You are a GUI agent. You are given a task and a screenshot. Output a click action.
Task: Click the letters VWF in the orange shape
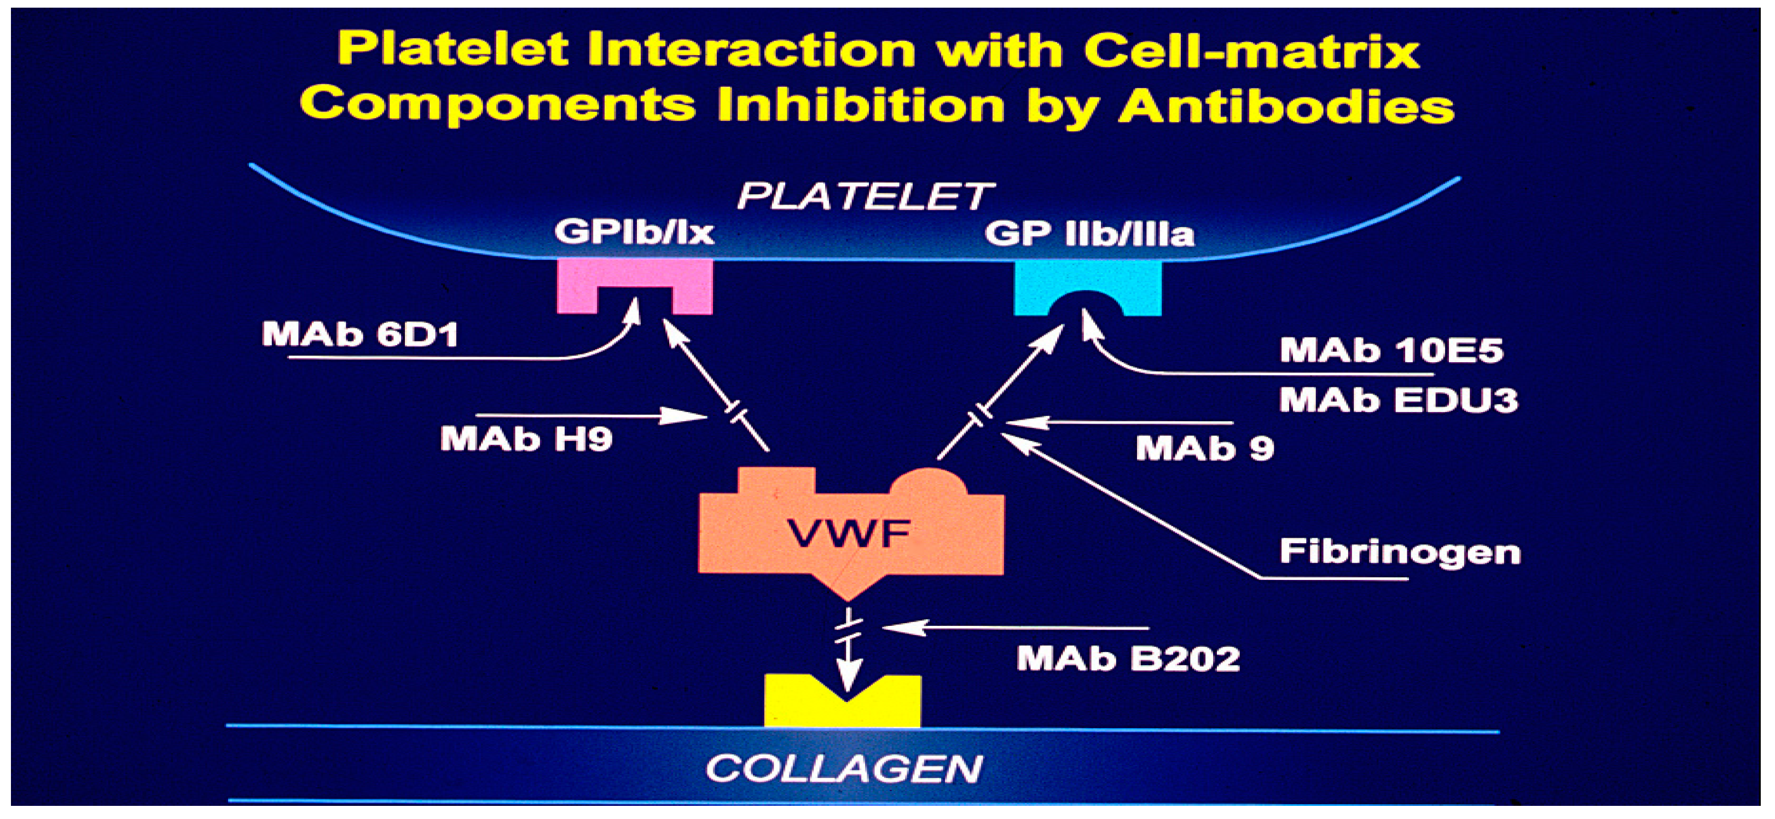point(849,533)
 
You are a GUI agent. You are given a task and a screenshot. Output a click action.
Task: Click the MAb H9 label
point(526,439)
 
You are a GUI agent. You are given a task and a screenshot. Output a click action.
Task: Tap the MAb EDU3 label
point(1399,399)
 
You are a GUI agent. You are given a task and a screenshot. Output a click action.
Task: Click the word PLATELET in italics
point(866,196)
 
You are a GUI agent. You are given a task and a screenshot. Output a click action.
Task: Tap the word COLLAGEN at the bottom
point(844,769)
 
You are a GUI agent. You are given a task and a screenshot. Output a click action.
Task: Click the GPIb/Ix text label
point(634,231)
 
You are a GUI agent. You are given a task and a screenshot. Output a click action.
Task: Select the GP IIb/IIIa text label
point(1089,234)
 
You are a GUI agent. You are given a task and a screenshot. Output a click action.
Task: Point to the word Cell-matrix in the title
point(1251,50)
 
